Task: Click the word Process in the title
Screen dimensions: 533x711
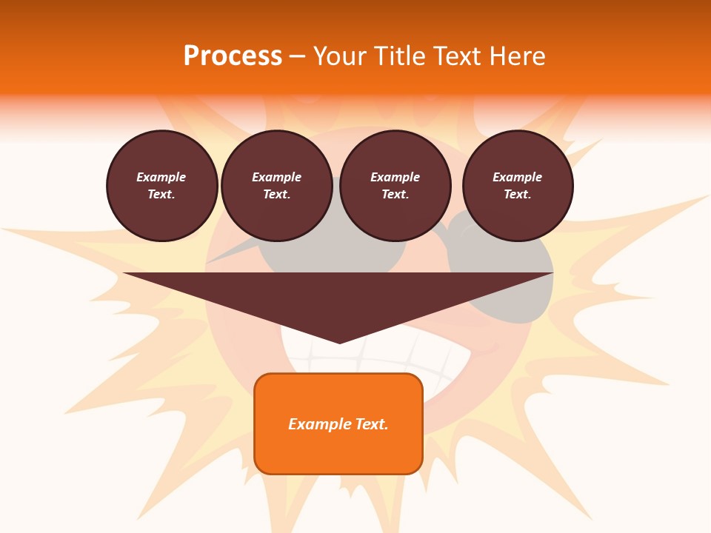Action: coord(233,56)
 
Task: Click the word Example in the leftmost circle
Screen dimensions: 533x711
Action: coord(161,177)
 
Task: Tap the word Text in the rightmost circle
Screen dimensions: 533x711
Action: coord(517,194)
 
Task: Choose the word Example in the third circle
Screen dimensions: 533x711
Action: coord(395,177)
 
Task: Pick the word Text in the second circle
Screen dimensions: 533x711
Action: coord(276,194)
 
